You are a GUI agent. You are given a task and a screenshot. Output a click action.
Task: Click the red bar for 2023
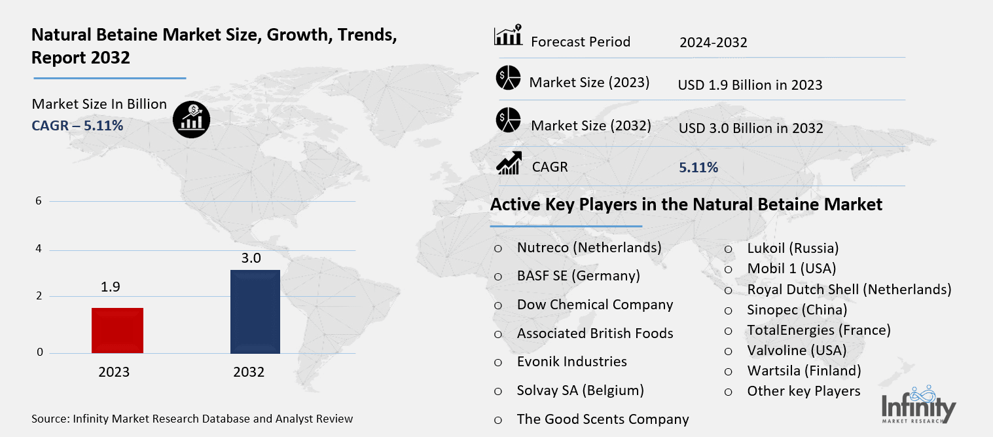pos(117,330)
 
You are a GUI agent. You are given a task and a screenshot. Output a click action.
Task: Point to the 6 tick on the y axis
pos(39,201)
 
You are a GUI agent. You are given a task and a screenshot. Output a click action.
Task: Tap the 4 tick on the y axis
pos(39,250)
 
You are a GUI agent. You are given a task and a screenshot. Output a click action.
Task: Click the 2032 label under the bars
pos(249,373)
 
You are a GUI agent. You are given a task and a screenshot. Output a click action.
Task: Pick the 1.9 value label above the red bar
pos(111,287)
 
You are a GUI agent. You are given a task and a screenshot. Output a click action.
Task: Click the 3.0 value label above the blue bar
pos(251,258)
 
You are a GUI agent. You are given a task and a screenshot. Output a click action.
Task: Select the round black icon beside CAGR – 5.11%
pos(190,119)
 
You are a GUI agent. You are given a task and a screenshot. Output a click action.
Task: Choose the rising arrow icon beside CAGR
pos(508,163)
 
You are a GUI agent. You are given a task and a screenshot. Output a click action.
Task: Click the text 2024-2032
pos(713,43)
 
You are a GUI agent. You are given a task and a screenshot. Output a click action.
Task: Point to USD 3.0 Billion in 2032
pos(750,128)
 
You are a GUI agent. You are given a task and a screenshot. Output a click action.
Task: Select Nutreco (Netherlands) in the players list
pos(588,248)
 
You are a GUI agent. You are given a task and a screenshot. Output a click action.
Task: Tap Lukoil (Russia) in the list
pos(793,248)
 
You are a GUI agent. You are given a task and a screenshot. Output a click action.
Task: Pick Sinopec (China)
pos(797,309)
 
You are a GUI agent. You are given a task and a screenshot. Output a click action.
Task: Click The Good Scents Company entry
pos(602,419)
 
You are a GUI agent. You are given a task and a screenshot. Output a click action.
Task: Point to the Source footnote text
pos(192,418)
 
